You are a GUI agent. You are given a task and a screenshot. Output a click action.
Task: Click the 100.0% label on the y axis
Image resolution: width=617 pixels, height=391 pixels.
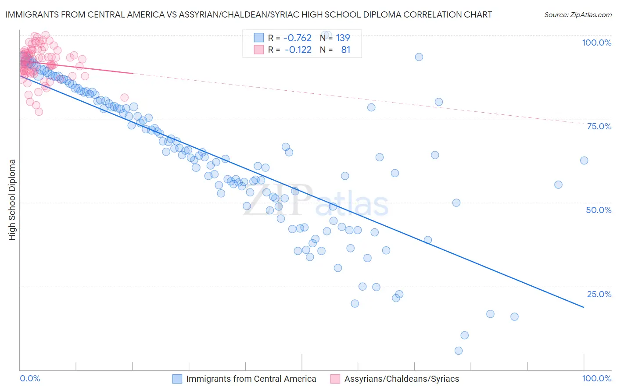(x=596, y=43)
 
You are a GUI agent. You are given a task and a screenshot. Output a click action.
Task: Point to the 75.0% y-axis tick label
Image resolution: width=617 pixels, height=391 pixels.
(x=599, y=126)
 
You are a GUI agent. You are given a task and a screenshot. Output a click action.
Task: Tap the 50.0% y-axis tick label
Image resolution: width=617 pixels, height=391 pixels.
(x=599, y=210)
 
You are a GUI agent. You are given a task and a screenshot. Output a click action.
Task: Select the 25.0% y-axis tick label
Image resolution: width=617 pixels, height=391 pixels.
(x=599, y=294)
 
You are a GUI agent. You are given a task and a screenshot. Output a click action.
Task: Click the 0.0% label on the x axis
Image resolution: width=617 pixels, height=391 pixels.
(x=30, y=378)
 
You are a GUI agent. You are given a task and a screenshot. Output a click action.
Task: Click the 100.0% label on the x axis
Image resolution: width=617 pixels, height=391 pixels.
(x=596, y=378)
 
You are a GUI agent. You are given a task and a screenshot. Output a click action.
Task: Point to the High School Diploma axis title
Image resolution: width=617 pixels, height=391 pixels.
(x=12, y=199)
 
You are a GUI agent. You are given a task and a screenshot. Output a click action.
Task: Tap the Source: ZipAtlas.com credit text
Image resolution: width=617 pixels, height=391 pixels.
(x=578, y=14)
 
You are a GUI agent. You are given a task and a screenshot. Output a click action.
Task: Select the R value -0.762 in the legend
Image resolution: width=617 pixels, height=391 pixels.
(x=297, y=38)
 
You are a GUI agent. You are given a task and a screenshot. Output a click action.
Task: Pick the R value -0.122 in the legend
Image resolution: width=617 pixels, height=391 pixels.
(x=298, y=50)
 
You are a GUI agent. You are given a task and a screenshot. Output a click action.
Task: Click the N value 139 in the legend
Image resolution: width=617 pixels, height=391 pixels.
(x=343, y=38)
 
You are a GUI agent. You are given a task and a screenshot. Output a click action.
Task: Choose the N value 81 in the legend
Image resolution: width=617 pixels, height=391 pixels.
(x=346, y=50)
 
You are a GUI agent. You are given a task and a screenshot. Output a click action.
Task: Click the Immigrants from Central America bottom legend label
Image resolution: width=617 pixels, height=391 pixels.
(x=251, y=379)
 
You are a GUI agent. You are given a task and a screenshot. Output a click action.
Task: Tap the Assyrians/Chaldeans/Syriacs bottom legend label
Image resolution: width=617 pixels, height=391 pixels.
(x=402, y=379)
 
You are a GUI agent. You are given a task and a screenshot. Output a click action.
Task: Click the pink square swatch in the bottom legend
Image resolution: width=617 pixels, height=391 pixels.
(x=335, y=379)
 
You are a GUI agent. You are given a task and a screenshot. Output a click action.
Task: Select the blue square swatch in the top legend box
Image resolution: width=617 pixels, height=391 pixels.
(x=259, y=38)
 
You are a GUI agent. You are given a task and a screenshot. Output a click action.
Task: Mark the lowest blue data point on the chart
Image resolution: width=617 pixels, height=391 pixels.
(x=459, y=351)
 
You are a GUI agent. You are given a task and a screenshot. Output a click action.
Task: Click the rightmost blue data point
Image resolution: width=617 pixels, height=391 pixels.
(x=584, y=160)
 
